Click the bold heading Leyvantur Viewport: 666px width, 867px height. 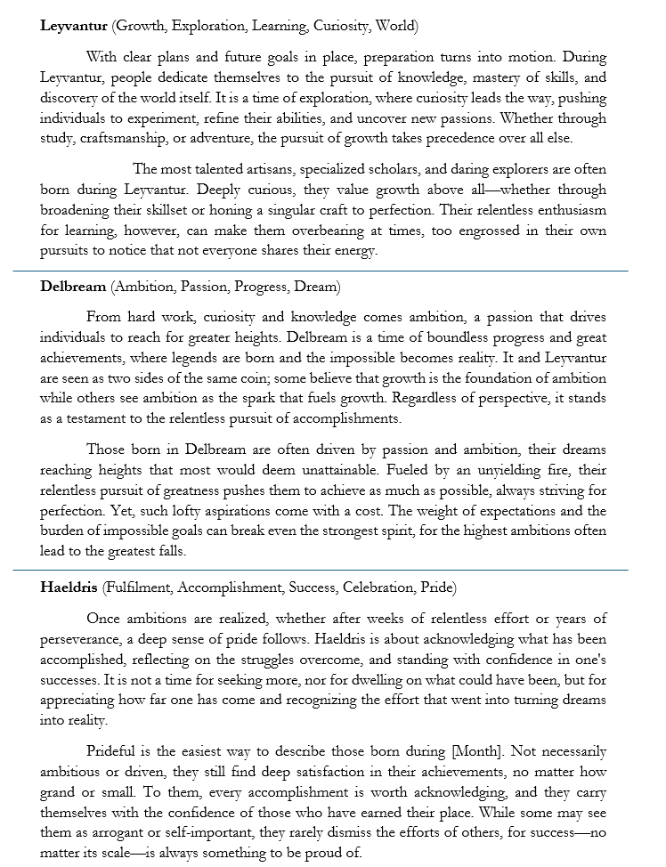tap(74, 25)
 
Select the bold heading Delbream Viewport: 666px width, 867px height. tap(73, 287)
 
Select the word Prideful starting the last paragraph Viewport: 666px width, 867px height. tap(110, 754)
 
